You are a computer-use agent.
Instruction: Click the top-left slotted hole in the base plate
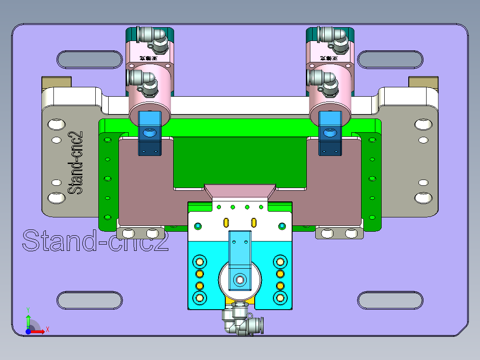coord(89,60)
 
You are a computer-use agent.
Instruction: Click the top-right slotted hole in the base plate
coord(390,60)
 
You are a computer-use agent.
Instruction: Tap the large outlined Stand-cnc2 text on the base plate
coord(95,241)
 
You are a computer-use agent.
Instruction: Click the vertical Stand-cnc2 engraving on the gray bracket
coord(76,162)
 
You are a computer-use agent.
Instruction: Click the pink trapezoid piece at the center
coord(240,192)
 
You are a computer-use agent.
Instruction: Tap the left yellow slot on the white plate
coord(226,222)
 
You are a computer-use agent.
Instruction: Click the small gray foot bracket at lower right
coord(339,233)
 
